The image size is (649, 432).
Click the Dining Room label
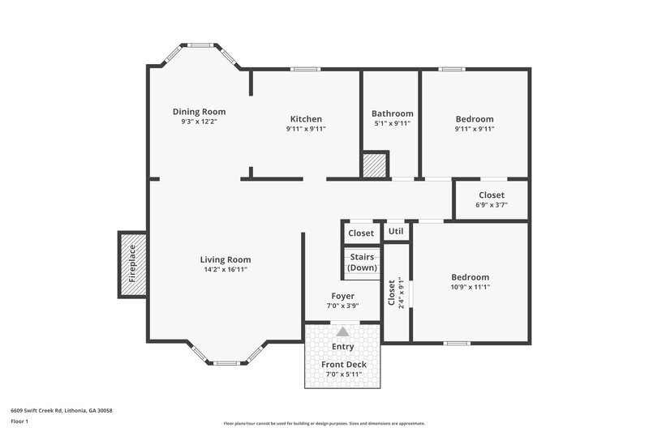(x=199, y=112)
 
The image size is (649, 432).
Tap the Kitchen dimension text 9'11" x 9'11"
(x=306, y=129)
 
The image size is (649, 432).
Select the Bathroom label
(x=393, y=113)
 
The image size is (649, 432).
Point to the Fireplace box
(x=132, y=264)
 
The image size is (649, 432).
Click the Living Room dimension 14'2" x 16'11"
(x=226, y=270)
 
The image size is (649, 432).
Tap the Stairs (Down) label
(x=361, y=263)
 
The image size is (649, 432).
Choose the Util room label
(x=396, y=232)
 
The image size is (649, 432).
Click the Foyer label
(x=343, y=296)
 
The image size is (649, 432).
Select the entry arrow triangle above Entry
(x=343, y=331)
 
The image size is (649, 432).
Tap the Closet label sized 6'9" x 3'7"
(x=491, y=195)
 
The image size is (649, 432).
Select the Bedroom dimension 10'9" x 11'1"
(x=471, y=287)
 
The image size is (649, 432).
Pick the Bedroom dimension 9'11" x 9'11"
(x=475, y=129)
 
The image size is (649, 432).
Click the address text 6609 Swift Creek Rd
(x=62, y=411)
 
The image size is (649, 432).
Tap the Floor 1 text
(x=19, y=421)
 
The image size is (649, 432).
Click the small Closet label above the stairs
(x=361, y=233)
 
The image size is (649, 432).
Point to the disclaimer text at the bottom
(x=324, y=423)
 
